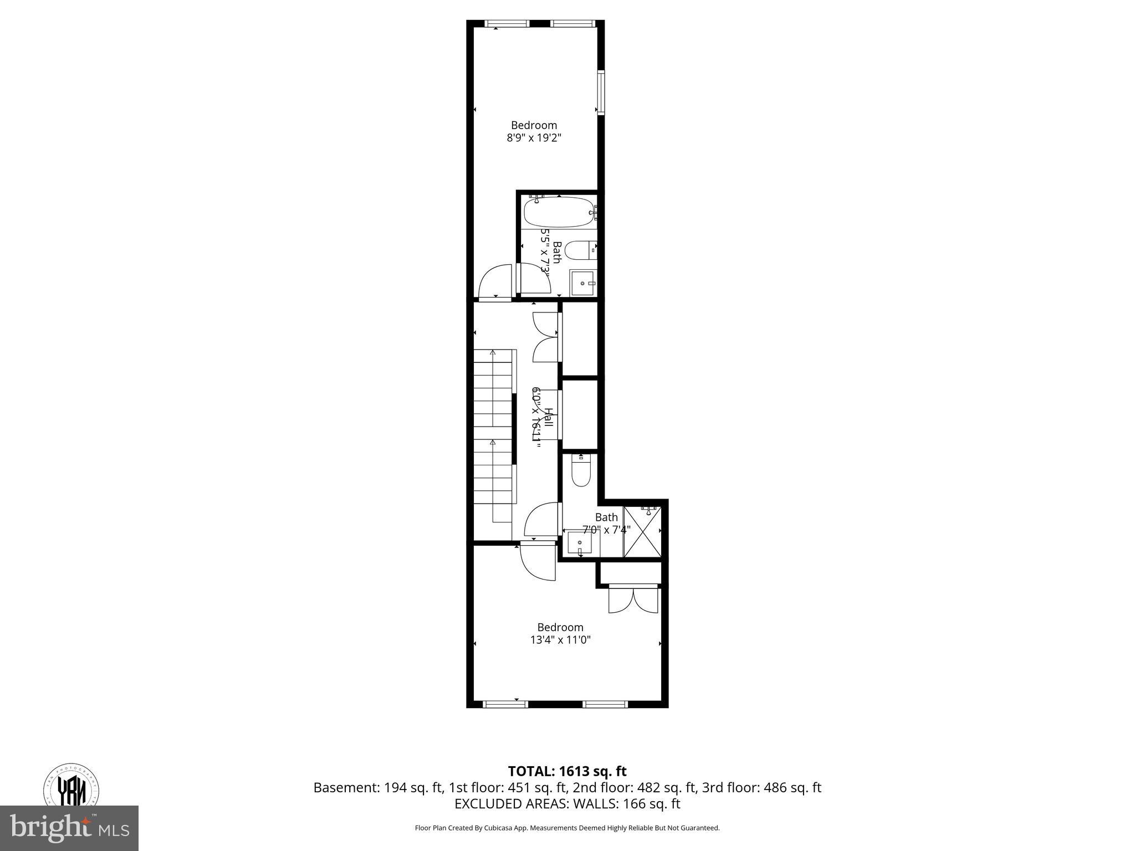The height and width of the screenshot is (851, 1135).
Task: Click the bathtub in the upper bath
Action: (x=559, y=212)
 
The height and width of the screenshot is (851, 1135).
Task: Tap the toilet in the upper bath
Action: (x=582, y=250)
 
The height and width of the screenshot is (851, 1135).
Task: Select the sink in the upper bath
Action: (x=583, y=284)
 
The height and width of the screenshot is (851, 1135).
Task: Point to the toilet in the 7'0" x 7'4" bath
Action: (x=581, y=471)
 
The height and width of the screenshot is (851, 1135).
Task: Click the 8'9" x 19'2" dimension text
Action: (x=534, y=138)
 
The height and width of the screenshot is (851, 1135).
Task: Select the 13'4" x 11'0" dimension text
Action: (x=560, y=640)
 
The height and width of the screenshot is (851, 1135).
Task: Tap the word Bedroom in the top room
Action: (x=534, y=125)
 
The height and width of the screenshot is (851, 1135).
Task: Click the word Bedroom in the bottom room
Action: (x=560, y=627)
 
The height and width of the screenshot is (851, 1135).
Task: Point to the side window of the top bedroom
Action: (x=601, y=92)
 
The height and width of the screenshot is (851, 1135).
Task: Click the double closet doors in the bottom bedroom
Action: (x=633, y=599)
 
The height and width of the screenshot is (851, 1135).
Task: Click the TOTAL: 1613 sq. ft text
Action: (x=567, y=771)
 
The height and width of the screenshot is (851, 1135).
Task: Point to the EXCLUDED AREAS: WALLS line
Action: (x=567, y=804)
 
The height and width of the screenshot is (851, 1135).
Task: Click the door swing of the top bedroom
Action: (x=495, y=283)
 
